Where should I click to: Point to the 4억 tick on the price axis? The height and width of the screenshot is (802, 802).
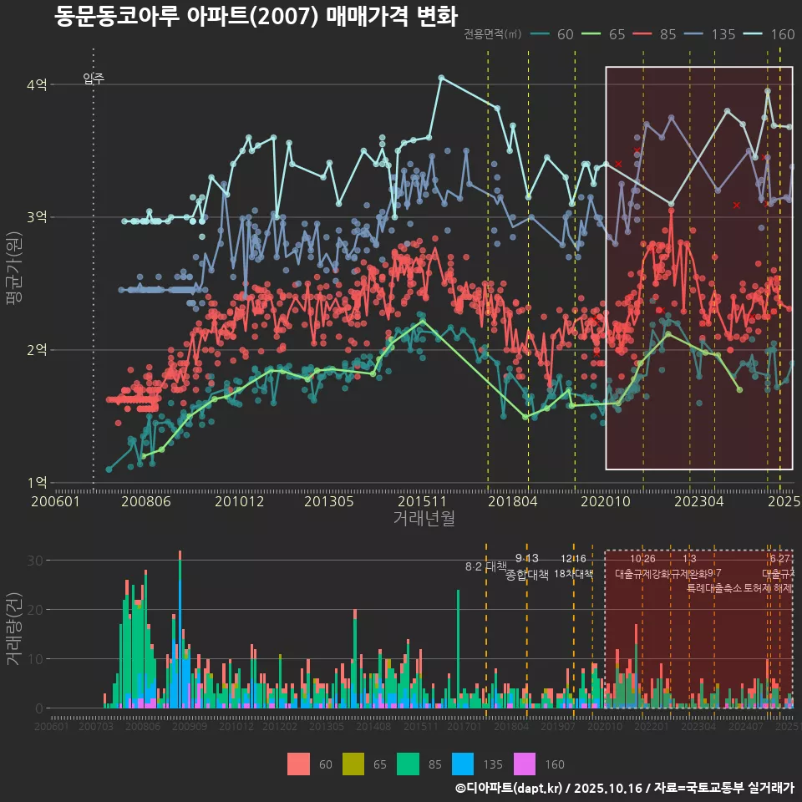pyautogui.click(x=38, y=84)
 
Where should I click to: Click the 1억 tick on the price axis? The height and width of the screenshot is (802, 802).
pyautogui.click(x=38, y=482)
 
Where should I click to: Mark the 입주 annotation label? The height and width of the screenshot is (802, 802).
pyautogui.click(x=94, y=79)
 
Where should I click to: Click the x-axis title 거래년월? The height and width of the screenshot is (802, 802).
pyautogui.click(x=424, y=518)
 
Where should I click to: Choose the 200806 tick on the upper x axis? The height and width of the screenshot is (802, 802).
pyautogui.click(x=146, y=501)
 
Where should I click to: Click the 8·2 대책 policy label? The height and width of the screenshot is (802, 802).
pyautogui.click(x=485, y=566)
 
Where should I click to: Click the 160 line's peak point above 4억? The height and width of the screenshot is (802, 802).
pyautogui.click(x=441, y=78)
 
